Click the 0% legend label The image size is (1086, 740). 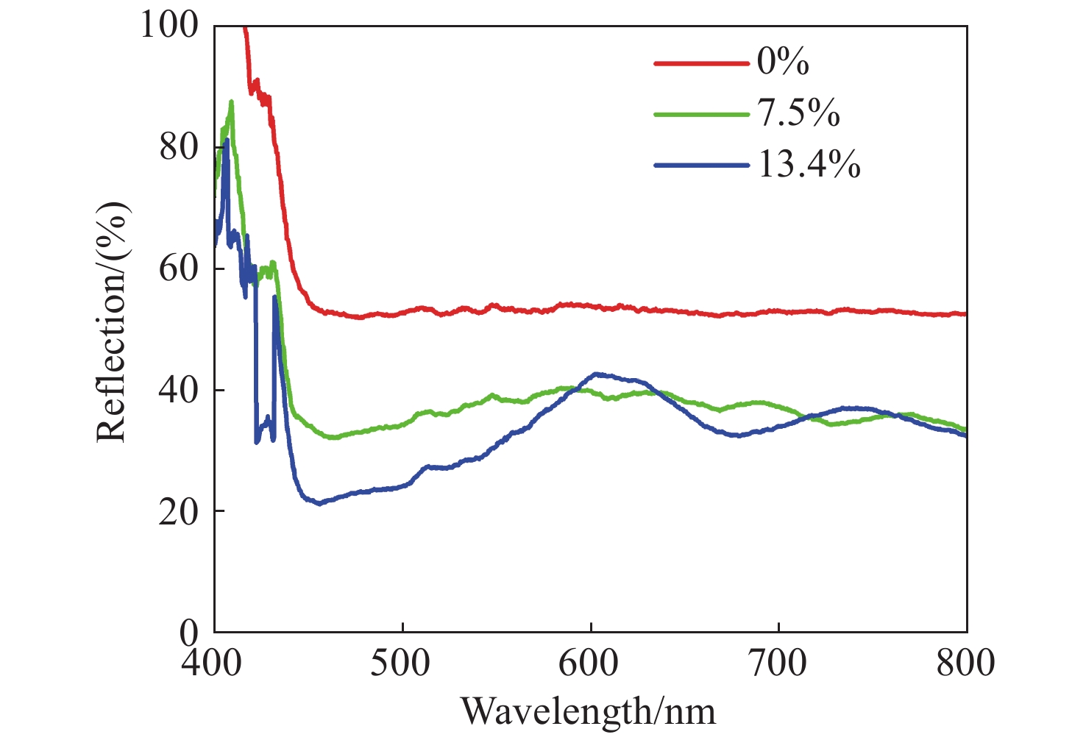click(783, 62)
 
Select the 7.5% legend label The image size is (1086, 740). click(798, 113)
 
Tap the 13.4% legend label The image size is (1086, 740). click(809, 165)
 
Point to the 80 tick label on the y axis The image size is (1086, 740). click(179, 147)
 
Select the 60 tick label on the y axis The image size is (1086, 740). click(179, 268)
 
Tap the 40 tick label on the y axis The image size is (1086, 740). click(179, 390)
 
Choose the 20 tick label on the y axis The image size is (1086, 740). click(179, 511)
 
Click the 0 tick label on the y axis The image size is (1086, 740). click(189, 631)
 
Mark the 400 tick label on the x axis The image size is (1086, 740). click(213, 663)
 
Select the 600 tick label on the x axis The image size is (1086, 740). click(590, 663)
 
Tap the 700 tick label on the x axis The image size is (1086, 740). click(778, 663)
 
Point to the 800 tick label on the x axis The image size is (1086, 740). click(966, 663)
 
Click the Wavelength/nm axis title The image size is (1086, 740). click(588, 711)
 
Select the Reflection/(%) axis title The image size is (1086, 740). click(112, 321)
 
